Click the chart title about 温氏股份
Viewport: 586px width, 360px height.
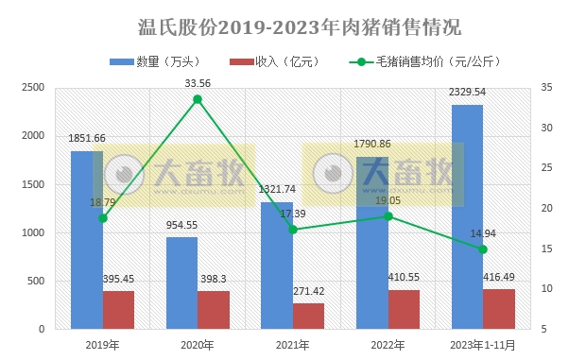pos(293,26)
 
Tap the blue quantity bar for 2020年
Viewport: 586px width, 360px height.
pos(182,283)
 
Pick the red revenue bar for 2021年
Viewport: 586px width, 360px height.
pos(308,316)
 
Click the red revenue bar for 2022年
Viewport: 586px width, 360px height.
pos(404,309)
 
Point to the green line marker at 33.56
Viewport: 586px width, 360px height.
pos(198,99)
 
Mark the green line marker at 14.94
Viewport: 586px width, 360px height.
pos(483,249)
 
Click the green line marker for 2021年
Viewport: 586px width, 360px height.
pos(293,230)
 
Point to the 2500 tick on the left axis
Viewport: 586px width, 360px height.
pos(33,88)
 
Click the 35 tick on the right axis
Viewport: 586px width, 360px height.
pos(547,88)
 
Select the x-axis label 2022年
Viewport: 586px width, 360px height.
pos(388,345)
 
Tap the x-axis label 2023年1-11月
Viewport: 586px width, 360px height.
pos(483,345)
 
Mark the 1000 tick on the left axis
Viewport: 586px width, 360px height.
pos(33,233)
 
